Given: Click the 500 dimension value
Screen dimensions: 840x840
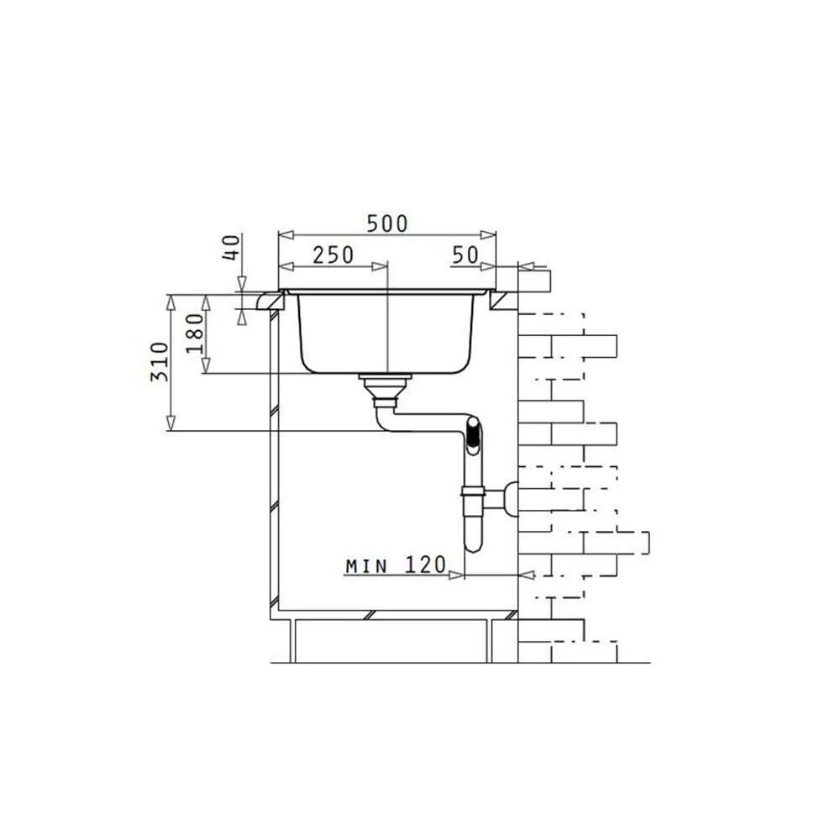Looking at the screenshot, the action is [386, 223].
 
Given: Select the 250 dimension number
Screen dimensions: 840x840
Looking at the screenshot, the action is [333, 255].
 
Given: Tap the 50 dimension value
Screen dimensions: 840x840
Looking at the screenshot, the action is [465, 255].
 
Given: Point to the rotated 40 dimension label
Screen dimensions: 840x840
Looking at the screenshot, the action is [231, 248].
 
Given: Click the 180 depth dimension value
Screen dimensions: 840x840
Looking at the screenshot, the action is [195, 333].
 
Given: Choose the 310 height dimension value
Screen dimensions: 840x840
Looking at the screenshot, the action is [159, 361].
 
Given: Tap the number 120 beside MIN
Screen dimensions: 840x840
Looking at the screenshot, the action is [425, 564].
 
